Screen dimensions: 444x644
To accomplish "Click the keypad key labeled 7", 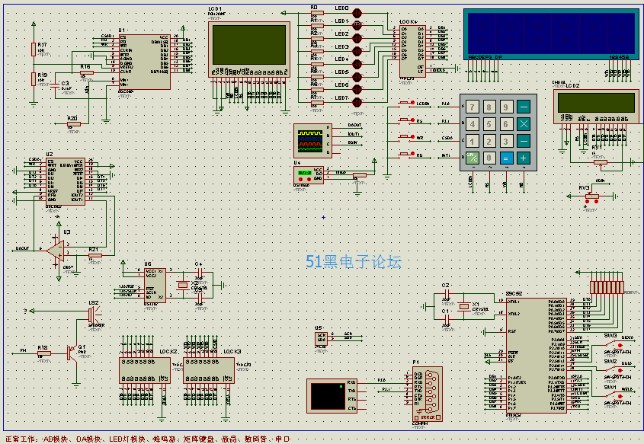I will (473, 107).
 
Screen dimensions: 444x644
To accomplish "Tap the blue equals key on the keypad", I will (506, 158).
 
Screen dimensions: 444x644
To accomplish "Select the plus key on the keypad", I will (524, 158).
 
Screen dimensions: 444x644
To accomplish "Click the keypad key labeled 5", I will (489, 124).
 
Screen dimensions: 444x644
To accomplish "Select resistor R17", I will (33, 50).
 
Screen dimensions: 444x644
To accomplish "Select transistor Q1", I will (76, 354).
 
